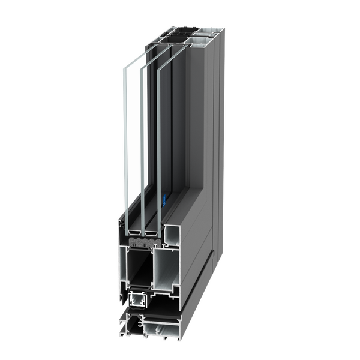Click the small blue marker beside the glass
click(164, 199)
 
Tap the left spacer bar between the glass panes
click(135, 230)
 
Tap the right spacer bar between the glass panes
click(152, 230)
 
